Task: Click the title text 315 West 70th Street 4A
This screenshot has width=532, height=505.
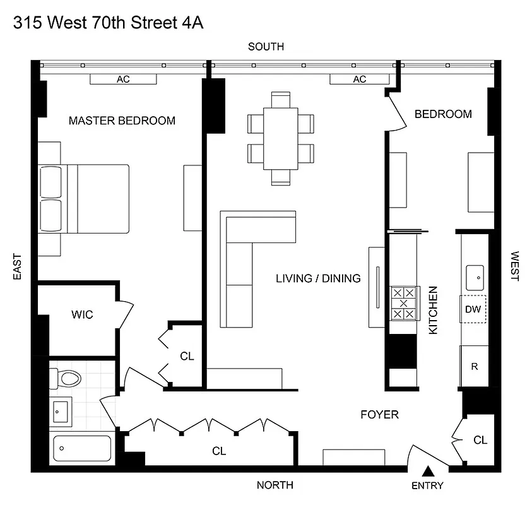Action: (x=108, y=23)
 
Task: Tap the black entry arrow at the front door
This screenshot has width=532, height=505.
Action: (x=427, y=471)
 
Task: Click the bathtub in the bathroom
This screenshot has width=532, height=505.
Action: (x=81, y=449)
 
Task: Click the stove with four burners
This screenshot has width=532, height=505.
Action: (x=403, y=304)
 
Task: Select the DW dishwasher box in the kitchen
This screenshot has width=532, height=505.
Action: (x=473, y=309)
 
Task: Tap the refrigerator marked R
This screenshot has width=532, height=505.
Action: (x=474, y=367)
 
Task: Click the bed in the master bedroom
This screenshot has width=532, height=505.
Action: (x=83, y=199)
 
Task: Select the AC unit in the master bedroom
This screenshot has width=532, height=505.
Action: (x=123, y=80)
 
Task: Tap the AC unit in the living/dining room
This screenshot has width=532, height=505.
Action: (x=359, y=80)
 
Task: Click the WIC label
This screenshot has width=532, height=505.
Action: (x=82, y=314)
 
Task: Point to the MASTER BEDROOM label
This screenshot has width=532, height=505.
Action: (x=122, y=121)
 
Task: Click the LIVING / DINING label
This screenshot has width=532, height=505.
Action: (x=317, y=278)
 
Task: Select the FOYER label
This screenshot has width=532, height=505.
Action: (x=379, y=415)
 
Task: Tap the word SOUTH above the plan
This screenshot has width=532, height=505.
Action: (x=266, y=47)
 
